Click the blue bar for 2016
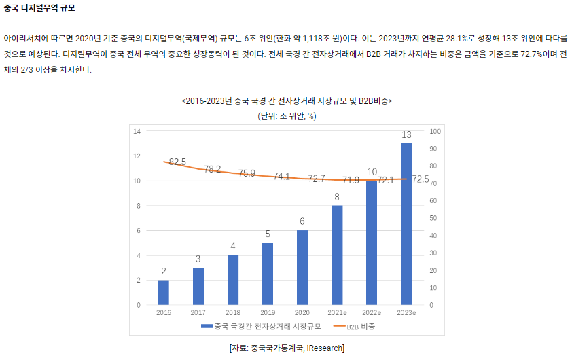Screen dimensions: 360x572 (x=163, y=292)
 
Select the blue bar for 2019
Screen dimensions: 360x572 (x=268, y=274)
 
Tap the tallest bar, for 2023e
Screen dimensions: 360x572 (x=406, y=223)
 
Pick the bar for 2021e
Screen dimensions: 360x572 (x=337, y=255)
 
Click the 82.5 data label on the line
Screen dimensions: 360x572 (x=177, y=162)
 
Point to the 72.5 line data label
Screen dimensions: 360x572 (x=421, y=179)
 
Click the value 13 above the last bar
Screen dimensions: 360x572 (x=407, y=134)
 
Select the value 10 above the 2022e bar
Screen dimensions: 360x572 (x=372, y=172)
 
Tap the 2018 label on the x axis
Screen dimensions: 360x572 (x=233, y=312)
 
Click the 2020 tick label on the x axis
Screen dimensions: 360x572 (x=302, y=312)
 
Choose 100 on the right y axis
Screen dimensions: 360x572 (x=435, y=131)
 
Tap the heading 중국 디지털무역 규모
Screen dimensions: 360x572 (x=39, y=8)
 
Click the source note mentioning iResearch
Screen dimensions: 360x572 (x=287, y=348)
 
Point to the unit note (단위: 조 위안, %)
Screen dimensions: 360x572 (x=287, y=115)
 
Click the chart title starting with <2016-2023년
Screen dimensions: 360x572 (x=287, y=101)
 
